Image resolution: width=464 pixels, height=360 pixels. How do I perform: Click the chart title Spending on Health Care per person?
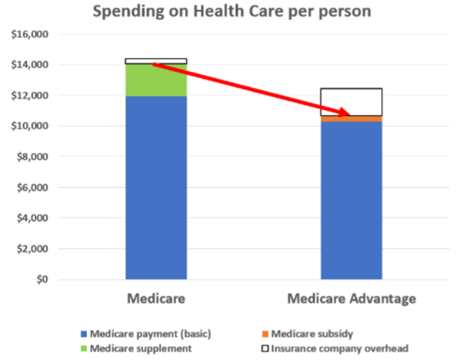(232, 11)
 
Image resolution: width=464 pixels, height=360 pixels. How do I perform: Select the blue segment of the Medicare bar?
(156, 189)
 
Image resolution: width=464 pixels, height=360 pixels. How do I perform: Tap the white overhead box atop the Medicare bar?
(156, 61)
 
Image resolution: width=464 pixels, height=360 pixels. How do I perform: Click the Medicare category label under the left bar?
(156, 299)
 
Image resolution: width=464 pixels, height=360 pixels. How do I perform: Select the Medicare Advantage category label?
(351, 299)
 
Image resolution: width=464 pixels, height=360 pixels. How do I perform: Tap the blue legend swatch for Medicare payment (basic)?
(84, 334)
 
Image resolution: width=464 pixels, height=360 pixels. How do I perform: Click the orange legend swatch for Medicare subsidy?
(265, 334)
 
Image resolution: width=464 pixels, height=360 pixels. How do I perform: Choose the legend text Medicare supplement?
(141, 349)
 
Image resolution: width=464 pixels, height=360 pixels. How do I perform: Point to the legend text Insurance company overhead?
(339, 349)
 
